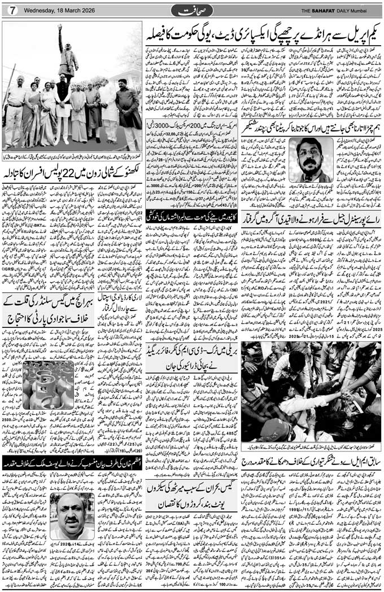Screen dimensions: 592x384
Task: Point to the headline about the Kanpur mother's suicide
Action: (191, 214)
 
